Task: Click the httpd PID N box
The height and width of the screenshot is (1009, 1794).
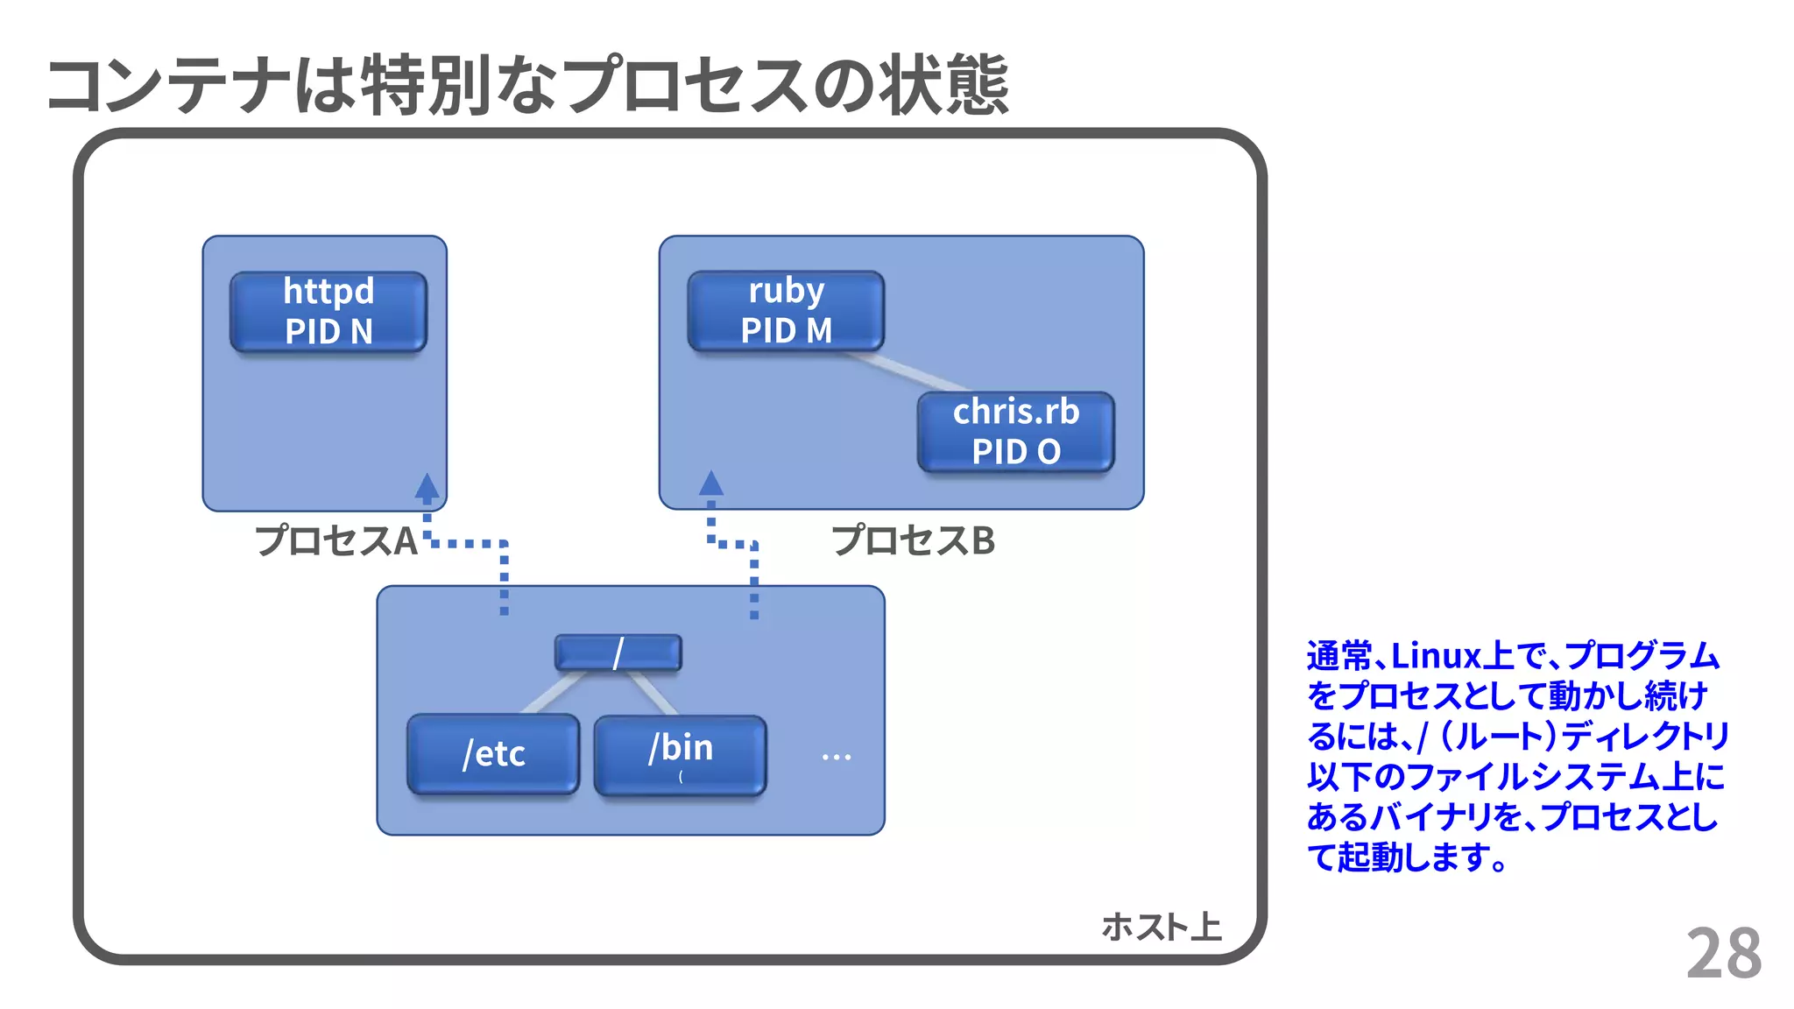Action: pos(328,312)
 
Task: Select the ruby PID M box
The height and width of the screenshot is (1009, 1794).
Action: pos(786,311)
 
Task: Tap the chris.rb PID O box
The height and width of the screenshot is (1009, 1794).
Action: pos(1016,432)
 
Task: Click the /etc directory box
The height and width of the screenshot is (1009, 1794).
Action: pos(493,754)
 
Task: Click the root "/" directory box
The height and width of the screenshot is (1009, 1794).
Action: pos(618,653)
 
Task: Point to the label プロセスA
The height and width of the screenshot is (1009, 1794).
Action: pos(335,540)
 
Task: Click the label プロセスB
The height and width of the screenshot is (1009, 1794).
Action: pos(913,540)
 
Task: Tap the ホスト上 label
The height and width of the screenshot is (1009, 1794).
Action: pos(1161,927)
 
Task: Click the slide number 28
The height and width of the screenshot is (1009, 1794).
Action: pos(1723,953)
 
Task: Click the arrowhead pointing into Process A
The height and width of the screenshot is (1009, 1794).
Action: pos(427,487)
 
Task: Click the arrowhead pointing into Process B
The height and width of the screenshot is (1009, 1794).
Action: pos(711,483)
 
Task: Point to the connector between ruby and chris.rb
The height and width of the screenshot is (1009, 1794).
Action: pos(907,371)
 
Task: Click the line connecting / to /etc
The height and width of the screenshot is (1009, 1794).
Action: pos(552,693)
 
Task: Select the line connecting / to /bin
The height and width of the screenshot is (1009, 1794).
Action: pos(653,693)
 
